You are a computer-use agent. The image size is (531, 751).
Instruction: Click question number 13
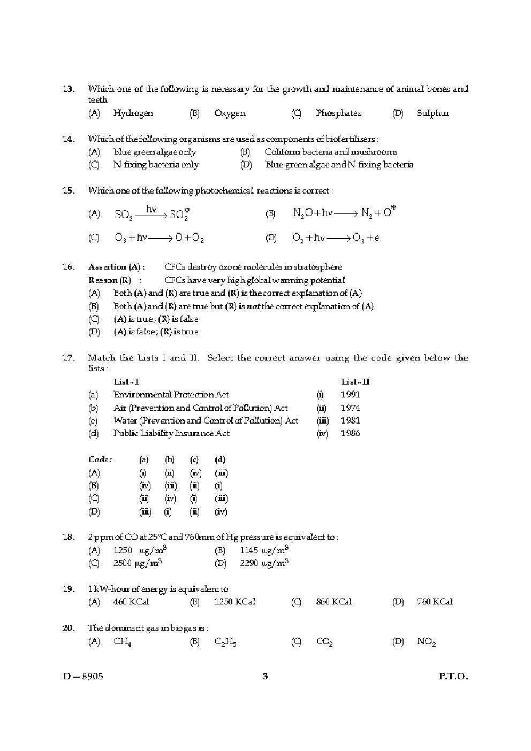pos(68,89)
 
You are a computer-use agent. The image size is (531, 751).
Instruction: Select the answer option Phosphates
pos(338,113)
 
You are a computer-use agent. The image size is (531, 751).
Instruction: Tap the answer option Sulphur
pos(433,113)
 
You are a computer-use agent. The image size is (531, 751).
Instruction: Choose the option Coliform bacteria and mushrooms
pos(331,152)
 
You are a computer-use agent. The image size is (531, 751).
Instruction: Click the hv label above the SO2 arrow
pos(151,209)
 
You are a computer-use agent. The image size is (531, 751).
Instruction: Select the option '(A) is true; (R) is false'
pos(156,319)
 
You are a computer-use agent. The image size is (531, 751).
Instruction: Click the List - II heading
pos(355,382)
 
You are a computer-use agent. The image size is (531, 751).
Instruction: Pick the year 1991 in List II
pos(350,395)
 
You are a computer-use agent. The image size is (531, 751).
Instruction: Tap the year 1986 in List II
pos(350,434)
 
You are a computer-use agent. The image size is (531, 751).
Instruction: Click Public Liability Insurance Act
pos(171,434)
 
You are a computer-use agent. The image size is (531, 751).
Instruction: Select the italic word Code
pos(100,459)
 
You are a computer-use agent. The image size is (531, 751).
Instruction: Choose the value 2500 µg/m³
pos(138,563)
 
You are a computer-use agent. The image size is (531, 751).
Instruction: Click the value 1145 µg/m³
pos(264,550)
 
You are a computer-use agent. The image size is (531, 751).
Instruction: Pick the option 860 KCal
pos(333,602)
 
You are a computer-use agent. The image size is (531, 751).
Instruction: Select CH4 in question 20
pos(123,642)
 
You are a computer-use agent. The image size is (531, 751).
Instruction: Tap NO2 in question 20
pos(426,642)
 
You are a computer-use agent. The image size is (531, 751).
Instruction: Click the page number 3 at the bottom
pos(265,676)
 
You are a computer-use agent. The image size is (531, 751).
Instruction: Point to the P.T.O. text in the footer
pos(453,676)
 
